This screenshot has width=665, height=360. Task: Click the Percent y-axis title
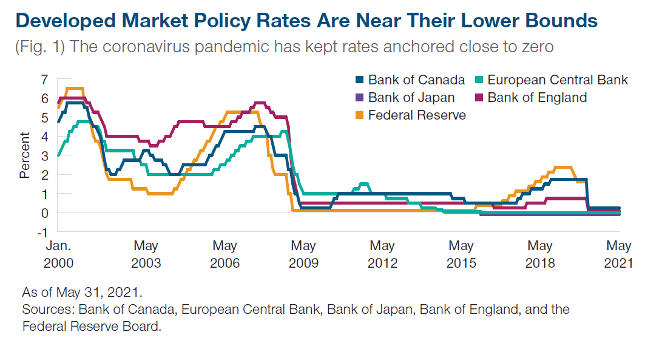click(24, 155)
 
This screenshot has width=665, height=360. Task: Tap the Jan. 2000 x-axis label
click(58, 254)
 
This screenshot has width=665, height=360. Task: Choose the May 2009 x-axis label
click(303, 254)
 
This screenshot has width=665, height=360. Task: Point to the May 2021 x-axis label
click(619, 254)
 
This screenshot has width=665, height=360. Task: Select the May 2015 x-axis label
click(461, 254)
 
